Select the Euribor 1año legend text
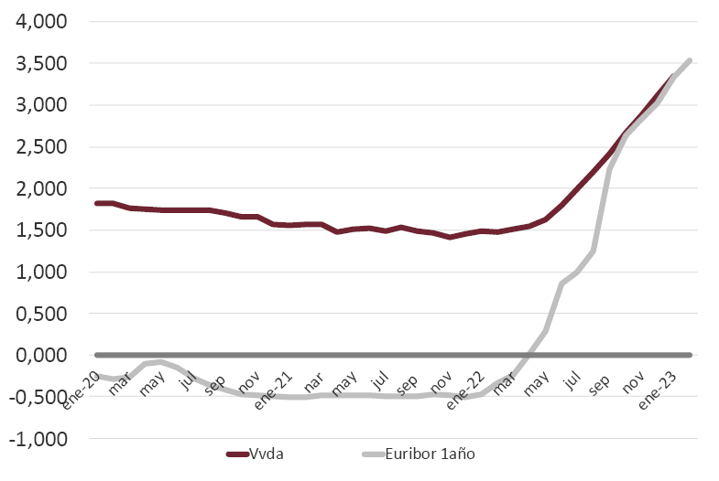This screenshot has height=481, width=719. [430, 454]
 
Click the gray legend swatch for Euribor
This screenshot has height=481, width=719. [375, 454]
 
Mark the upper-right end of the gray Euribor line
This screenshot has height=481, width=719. [689, 60]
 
